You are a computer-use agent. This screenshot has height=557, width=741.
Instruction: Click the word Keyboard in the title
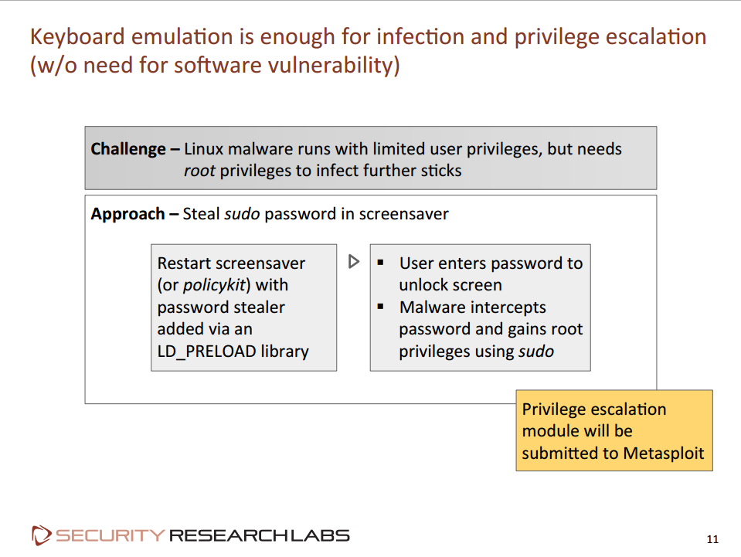coord(77,37)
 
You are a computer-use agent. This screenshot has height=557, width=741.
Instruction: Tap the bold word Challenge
coord(128,149)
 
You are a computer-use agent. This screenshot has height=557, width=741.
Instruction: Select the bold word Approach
coord(127,215)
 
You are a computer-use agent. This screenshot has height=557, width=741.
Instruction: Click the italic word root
coord(199,171)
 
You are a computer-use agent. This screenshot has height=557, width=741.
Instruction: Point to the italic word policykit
coord(215,285)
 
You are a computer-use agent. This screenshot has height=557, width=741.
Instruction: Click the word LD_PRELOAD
coord(206,352)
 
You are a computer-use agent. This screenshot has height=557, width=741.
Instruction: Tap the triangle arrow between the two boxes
coord(354,261)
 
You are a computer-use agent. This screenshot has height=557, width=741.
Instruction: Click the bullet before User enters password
coord(380,263)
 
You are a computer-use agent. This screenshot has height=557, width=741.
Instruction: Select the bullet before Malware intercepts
coord(380,307)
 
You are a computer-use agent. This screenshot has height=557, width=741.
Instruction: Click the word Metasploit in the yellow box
coord(664,453)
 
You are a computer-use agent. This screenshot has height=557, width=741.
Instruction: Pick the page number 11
coord(712,539)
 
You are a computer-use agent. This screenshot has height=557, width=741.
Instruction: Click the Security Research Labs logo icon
coord(41,535)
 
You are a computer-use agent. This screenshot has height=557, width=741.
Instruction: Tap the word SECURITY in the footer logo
coord(110,535)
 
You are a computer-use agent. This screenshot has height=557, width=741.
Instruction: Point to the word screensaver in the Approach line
coord(403,214)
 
